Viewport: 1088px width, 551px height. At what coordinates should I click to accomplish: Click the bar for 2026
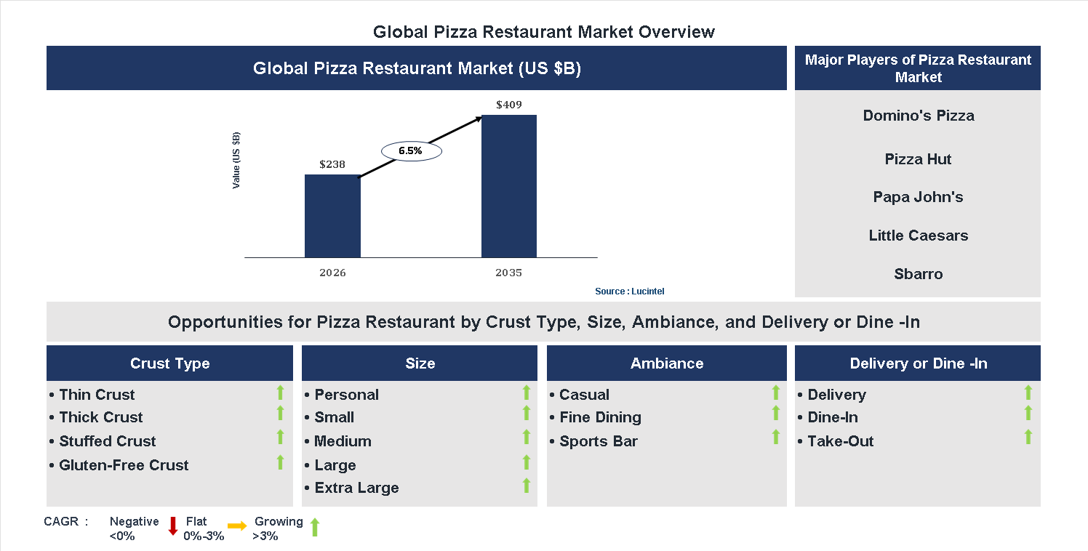(332, 216)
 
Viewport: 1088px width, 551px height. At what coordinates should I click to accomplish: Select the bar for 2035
(509, 186)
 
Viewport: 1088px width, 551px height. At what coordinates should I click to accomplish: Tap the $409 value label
(509, 105)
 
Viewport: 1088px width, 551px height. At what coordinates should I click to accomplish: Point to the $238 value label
(332, 164)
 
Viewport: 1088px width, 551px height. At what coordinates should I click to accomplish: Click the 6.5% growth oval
(412, 151)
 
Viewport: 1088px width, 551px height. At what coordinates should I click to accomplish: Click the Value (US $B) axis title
(236, 161)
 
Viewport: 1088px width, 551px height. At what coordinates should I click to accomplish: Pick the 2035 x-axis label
(508, 273)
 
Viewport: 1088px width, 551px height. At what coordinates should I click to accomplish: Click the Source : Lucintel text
(629, 291)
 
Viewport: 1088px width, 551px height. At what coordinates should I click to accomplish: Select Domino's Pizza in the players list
(918, 116)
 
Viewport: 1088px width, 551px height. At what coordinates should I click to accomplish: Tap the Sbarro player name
(918, 274)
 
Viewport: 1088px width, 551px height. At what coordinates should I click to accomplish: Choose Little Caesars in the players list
(918, 236)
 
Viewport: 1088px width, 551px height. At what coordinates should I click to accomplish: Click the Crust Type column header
(169, 363)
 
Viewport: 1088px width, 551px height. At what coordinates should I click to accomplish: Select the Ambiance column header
(666, 363)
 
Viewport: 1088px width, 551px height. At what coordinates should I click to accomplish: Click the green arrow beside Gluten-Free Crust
(280, 462)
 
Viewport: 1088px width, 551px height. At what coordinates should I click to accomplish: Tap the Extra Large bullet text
(356, 488)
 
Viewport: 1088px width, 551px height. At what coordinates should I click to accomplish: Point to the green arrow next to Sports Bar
(775, 438)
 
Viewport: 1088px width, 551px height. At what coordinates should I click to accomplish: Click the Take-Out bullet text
(840, 441)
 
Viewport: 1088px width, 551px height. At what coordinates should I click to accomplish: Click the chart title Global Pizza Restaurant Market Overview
(543, 32)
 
